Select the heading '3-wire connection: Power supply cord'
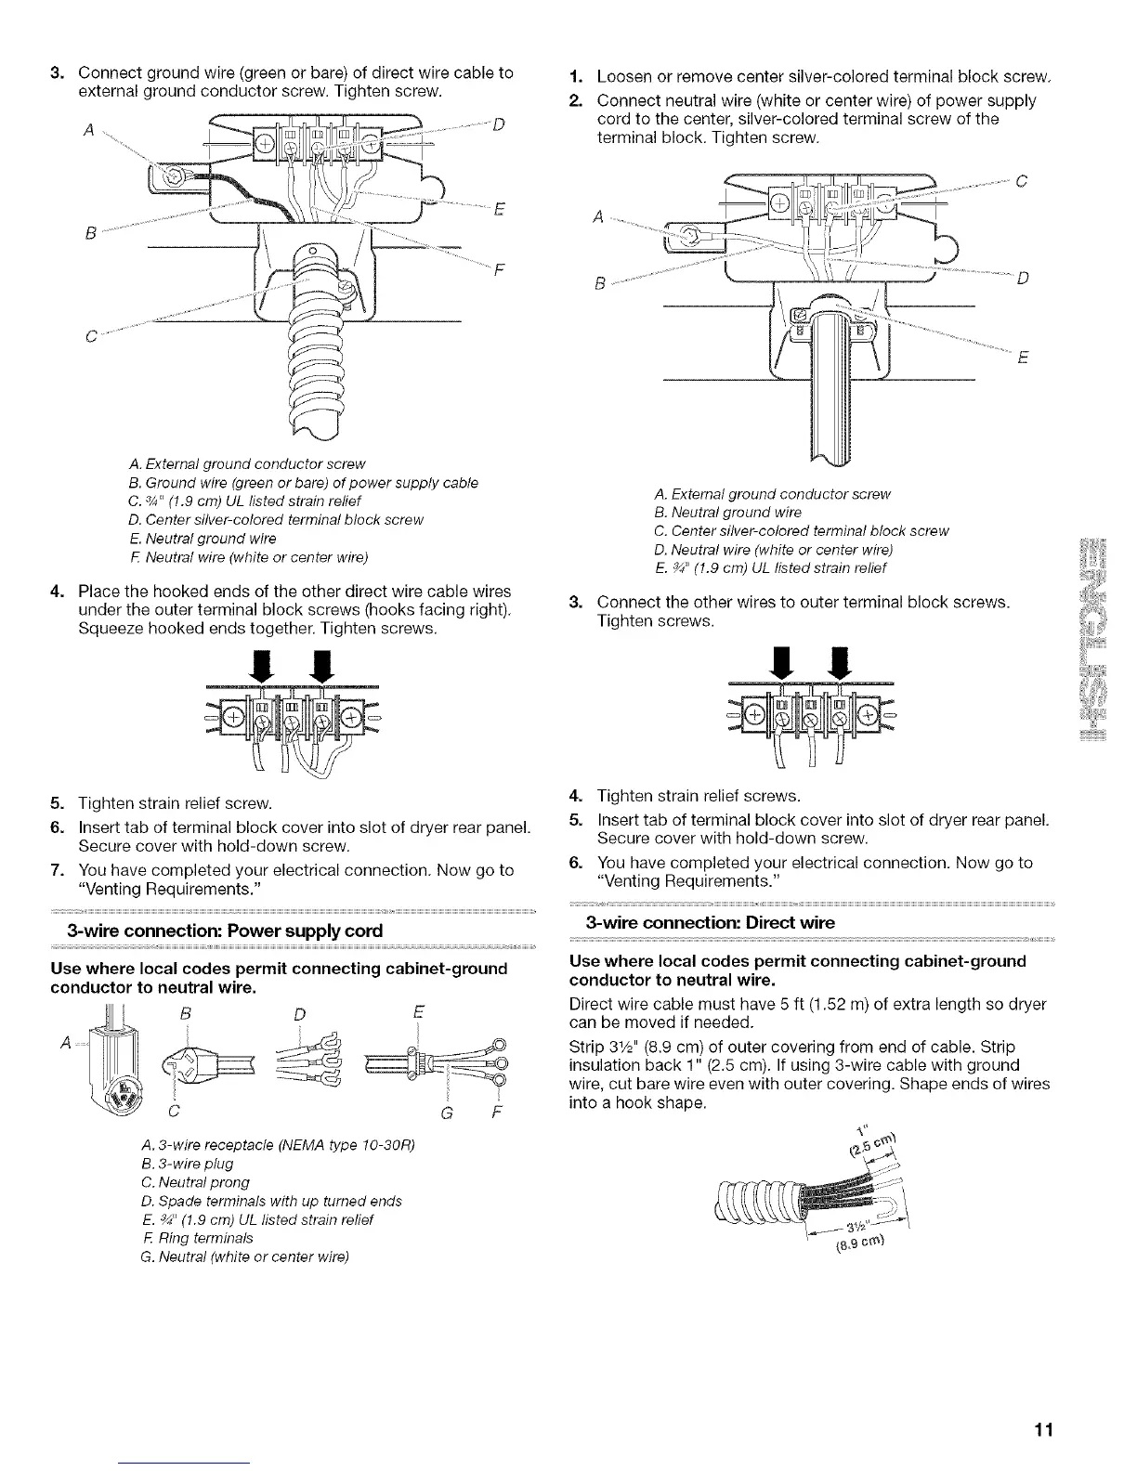[224, 931]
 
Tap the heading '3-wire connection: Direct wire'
[711, 922]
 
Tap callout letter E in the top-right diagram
[1021, 360]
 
